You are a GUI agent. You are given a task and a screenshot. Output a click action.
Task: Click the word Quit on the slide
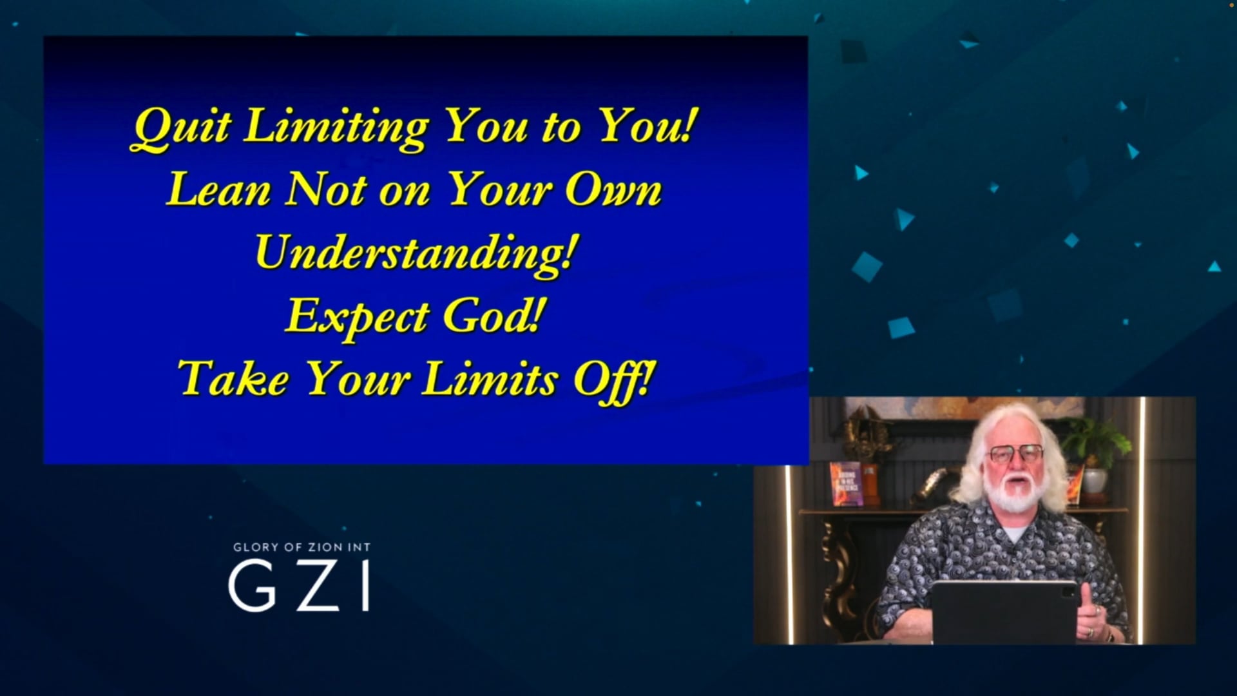click(x=181, y=126)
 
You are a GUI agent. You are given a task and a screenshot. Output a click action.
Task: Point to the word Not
click(x=326, y=190)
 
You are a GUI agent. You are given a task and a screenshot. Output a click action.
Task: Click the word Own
click(x=613, y=190)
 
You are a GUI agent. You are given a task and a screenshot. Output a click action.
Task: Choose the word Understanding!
click(x=414, y=253)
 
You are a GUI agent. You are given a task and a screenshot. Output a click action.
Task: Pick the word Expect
click(x=357, y=316)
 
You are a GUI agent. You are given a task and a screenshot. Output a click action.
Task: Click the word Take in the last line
click(x=233, y=378)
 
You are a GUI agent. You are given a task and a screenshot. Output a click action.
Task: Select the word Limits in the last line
click(x=490, y=378)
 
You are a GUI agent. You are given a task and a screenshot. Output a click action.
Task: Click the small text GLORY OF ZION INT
click(x=302, y=547)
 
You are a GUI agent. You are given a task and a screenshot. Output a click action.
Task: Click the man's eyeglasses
click(x=1016, y=454)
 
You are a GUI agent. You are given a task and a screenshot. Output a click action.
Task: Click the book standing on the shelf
click(x=846, y=484)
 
